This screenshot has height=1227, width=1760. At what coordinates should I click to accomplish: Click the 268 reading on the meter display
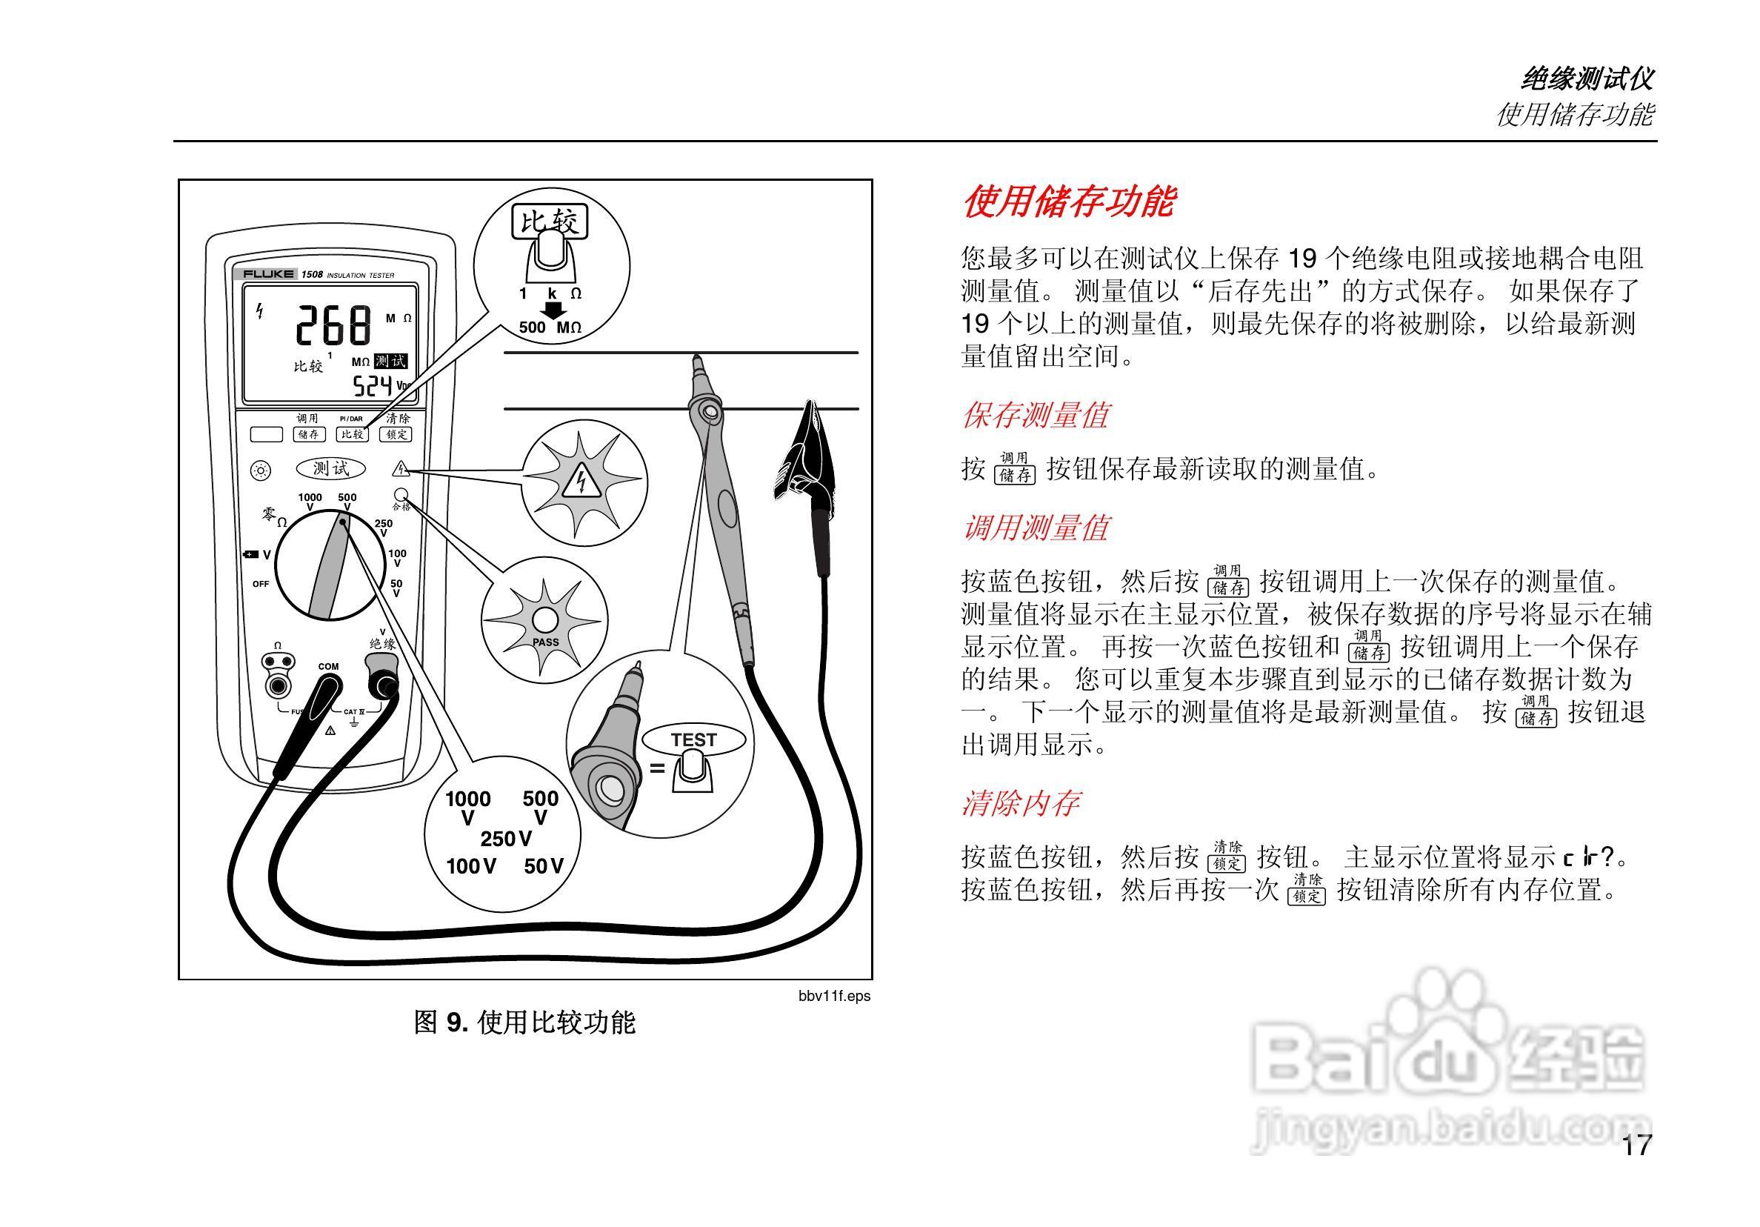tap(334, 325)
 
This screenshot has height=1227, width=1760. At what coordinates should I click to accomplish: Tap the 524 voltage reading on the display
tap(373, 387)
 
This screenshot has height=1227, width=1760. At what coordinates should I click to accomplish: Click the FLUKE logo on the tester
tap(264, 273)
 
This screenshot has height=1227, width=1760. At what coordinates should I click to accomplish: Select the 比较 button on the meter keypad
tap(352, 434)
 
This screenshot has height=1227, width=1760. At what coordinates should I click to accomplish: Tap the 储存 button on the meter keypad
tap(309, 434)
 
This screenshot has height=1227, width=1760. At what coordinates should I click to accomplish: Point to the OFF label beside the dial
tap(261, 584)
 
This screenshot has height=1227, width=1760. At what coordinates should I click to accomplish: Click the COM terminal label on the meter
tap(328, 666)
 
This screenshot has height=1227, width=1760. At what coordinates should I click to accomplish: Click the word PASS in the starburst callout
tap(545, 642)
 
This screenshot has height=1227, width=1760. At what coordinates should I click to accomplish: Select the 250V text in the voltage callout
tap(505, 839)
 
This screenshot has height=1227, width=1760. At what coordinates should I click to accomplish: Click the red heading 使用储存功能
tap(1068, 202)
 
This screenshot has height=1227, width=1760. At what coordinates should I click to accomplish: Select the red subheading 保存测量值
tap(1036, 415)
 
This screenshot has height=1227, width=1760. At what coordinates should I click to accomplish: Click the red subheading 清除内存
tap(1020, 803)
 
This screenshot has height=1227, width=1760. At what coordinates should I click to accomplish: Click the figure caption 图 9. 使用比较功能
tap(524, 1022)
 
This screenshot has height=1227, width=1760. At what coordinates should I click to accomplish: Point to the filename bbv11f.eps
tap(834, 996)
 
